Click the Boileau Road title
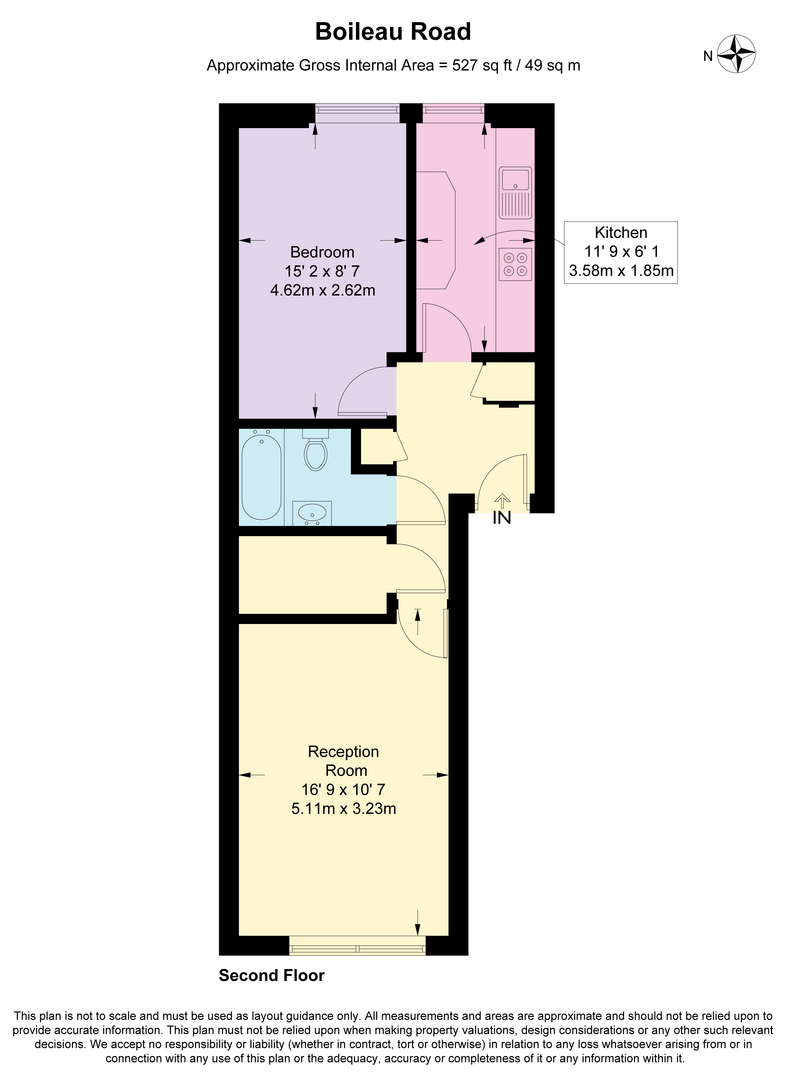click(x=393, y=32)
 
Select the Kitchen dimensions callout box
click(x=621, y=252)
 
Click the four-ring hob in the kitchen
click(x=515, y=264)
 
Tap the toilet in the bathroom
click(x=316, y=452)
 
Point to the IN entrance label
click(x=502, y=518)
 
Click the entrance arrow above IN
click(x=502, y=501)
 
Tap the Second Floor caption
click(x=271, y=976)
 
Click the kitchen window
click(x=453, y=112)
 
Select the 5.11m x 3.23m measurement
click(x=344, y=808)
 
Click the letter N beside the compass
click(x=707, y=56)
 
